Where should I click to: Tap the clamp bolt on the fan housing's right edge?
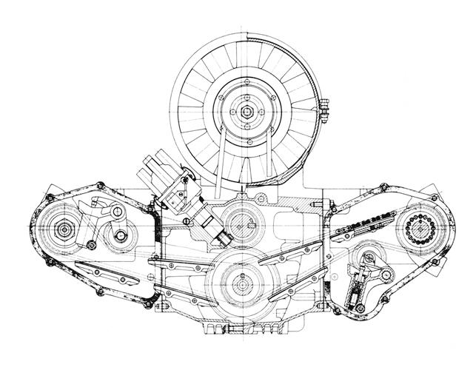click(x=324, y=112)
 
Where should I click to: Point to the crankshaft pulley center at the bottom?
click(x=240, y=282)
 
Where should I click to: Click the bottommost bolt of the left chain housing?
click(x=150, y=303)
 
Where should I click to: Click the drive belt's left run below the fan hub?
click(x=223, y=159)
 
